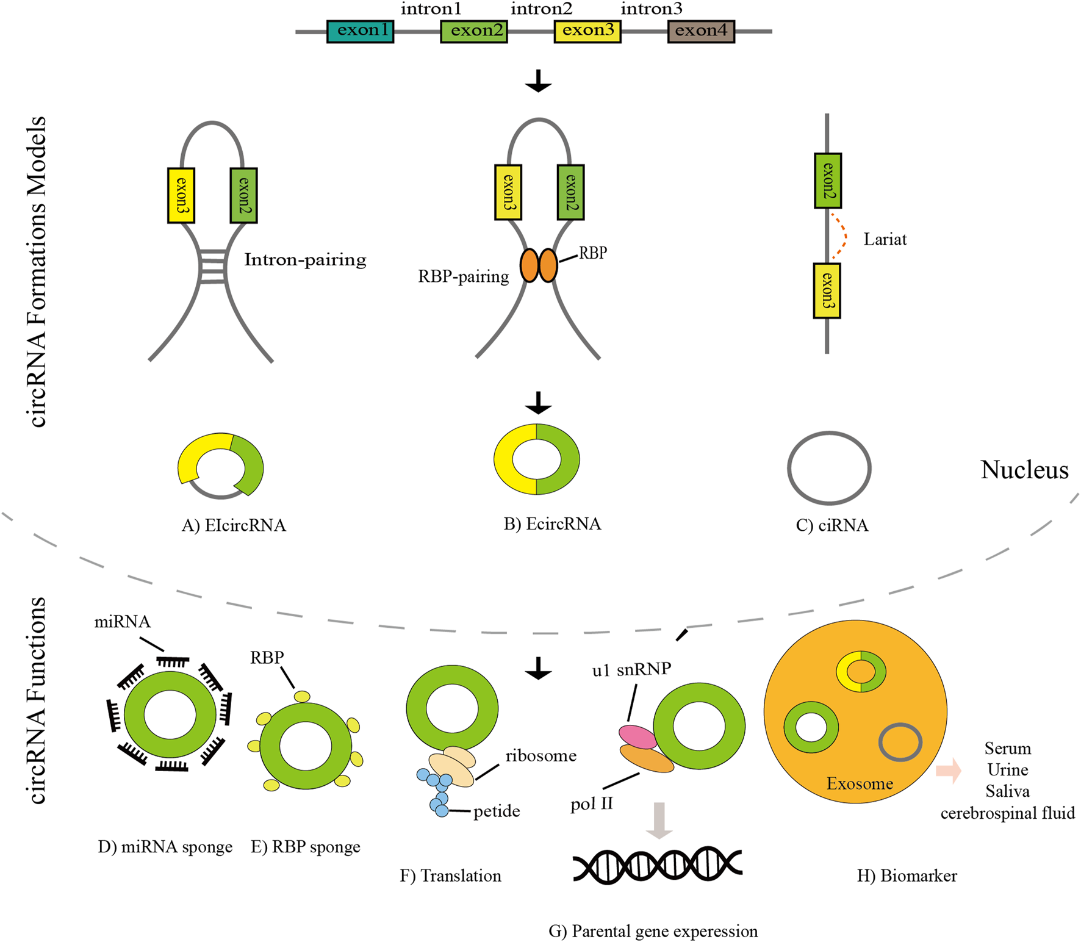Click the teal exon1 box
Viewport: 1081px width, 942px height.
(x=360, y=31)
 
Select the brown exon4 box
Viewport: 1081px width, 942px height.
(x=701, y=31)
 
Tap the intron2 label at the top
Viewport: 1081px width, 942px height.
(x=541, y=9)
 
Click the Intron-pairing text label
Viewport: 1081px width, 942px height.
(x=305, y=260)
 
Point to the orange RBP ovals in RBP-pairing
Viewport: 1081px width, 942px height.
(x=539, y=265)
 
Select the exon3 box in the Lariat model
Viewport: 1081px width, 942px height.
(x=827, y=291)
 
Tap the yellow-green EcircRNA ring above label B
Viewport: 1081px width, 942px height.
(x=536, y=459)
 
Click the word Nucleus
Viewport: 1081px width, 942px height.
(x=1024, y=470)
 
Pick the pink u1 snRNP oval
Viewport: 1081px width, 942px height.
(x=637, y=736)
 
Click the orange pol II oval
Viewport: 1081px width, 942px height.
(x=646, y=759)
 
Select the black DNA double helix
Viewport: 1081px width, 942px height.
(x=657, y=865)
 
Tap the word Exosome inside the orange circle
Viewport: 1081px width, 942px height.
(x=859, y=783)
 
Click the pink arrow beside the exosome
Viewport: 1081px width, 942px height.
(x=948, y=771)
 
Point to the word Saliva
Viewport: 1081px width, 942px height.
(x=1007, y=791)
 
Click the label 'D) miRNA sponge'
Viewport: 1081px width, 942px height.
(x=165, y=847)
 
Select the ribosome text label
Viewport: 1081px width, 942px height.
(x=540, y=756)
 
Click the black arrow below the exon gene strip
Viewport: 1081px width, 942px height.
(x=538, y=81)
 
